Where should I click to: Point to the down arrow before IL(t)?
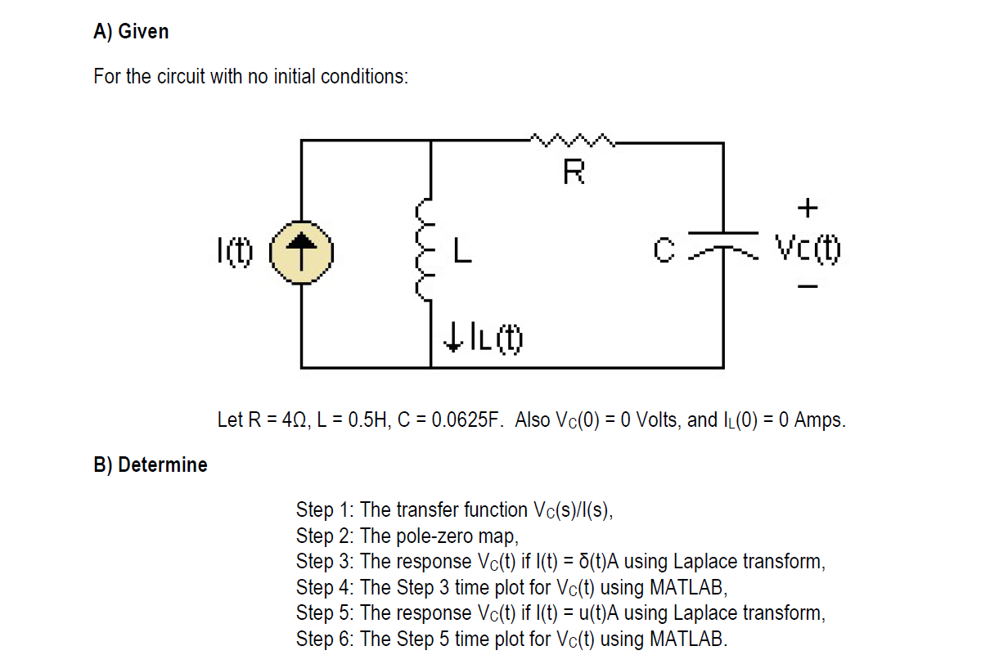tap(452, 338)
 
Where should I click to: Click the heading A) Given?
tap(132, 32)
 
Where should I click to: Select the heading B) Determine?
tap(151, 465)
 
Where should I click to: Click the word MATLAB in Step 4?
tap(686, 588)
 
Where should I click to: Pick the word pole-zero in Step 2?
tap(434, 536)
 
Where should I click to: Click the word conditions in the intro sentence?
tap(364, 77)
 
